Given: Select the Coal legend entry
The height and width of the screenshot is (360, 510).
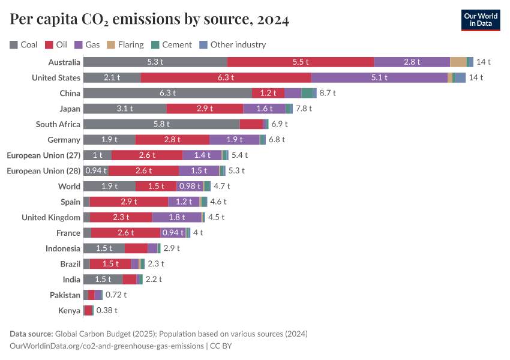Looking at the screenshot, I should [x=23, y=44].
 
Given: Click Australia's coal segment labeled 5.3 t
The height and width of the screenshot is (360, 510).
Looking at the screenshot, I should [x=155, y=62].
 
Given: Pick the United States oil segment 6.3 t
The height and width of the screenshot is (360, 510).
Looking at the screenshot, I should [x=226, y=77].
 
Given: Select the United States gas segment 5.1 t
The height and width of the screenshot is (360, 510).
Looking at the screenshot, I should [x=379, y=77].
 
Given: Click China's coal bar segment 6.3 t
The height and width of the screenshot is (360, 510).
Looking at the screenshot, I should [x=167, y=93].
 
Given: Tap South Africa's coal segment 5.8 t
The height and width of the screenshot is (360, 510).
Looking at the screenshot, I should [x=161, y=124].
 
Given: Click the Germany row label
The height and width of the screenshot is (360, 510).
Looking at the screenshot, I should [x=64, y=140].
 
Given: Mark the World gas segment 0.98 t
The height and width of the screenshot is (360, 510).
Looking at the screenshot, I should [x=190, y=187].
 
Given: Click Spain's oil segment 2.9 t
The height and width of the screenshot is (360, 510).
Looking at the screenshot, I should [x=129, y=202].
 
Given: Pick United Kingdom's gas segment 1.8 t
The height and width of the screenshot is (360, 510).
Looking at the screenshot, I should [x=176, y=217].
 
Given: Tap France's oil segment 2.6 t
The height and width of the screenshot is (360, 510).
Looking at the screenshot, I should [x=126, y=233].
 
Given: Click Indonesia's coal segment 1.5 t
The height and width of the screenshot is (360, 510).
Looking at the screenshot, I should [x=104, y=248].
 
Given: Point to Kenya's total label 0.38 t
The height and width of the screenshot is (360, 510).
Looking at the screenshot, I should [x=107, y=311].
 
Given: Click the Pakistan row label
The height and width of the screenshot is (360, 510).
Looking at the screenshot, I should [x=65, y=295].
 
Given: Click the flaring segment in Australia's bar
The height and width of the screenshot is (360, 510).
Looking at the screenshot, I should [x=458, y=62].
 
